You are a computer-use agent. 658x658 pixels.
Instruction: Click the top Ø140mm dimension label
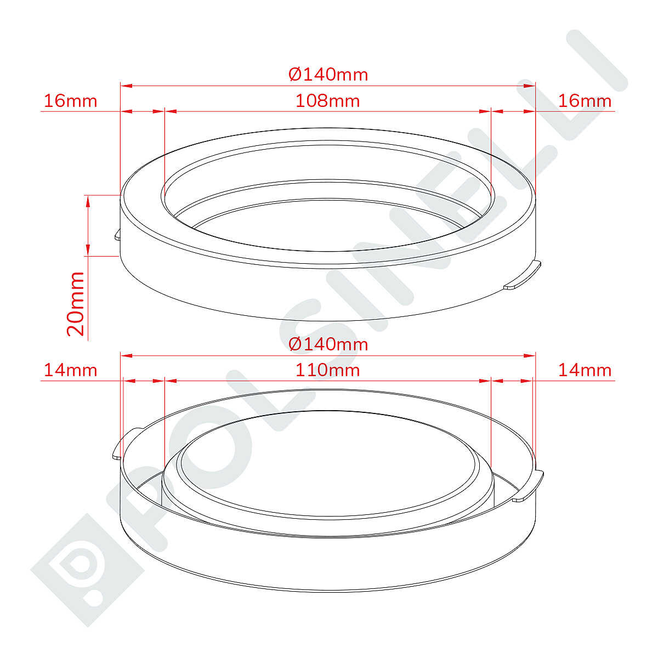[328, 75]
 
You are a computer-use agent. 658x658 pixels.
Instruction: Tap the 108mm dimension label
[327, 101]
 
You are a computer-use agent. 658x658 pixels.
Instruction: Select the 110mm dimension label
[327, 371]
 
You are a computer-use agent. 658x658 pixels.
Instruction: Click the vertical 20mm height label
[76, 304]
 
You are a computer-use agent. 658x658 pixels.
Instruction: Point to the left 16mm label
[71, 101]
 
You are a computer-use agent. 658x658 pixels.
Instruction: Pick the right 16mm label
[585, 101]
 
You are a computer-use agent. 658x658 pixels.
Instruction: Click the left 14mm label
[71, 371]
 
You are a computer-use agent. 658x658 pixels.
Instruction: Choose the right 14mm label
[585, 371]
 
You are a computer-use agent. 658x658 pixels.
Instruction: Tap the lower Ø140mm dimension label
[328, 344]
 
